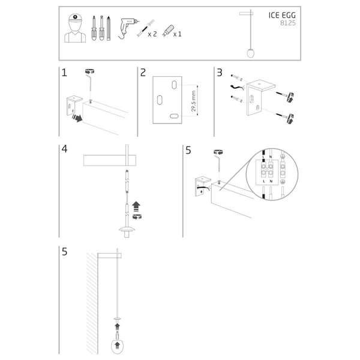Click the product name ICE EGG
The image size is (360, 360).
(282, 15)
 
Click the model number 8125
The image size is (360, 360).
(288, 23)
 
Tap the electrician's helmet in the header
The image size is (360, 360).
(75, 18)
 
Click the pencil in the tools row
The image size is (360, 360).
(109, 28)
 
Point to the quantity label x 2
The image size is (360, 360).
(152, 34)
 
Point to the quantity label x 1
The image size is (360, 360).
(177, 34)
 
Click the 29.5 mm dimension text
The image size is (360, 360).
(194, 101)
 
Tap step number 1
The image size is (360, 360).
(64, 73)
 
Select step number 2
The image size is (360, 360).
(143, 73)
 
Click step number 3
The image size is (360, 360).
(220, 73)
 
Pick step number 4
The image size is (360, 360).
(65, 149)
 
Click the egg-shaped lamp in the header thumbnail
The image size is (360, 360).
(250, 53)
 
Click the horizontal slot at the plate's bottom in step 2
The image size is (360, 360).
(175, 116)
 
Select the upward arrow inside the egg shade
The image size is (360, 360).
(118, 346)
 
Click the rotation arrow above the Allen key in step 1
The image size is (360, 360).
(90, 71)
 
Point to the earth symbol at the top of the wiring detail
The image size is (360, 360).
(282, 157)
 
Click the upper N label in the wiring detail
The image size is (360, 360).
(271, 157)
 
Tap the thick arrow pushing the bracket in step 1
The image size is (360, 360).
(77, 118)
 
